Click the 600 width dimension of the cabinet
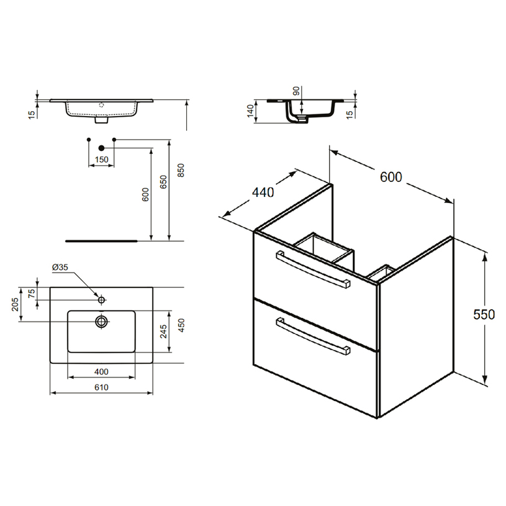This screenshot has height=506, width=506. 391,177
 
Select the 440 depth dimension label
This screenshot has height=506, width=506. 263,192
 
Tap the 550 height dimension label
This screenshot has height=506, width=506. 484,314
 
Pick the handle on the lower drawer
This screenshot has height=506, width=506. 313,337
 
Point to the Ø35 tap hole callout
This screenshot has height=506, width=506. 60,267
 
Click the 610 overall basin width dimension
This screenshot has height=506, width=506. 101,387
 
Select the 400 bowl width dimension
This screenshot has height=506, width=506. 101,372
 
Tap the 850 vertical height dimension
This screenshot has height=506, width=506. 181,170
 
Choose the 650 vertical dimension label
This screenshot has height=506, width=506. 164,182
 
